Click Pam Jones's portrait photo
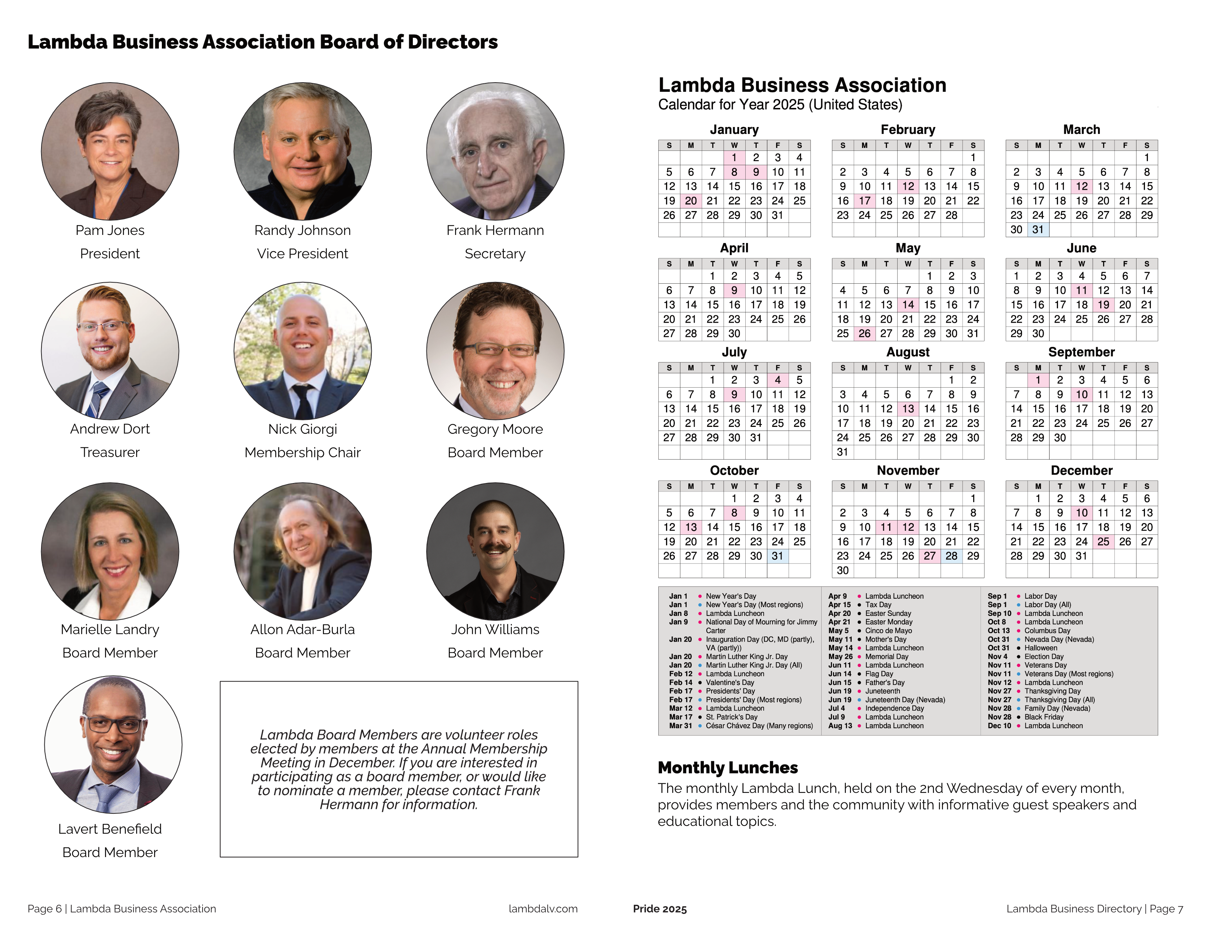tap(110, 151)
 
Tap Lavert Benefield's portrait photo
tap(113, 744)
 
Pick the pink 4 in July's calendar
tap(777, 380)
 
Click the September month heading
tap(1081, 352)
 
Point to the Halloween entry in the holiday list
tap(1040, 647)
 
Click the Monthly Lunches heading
tap(727, 768)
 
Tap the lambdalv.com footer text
tap(543, 909)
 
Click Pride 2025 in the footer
tap(659, 909)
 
